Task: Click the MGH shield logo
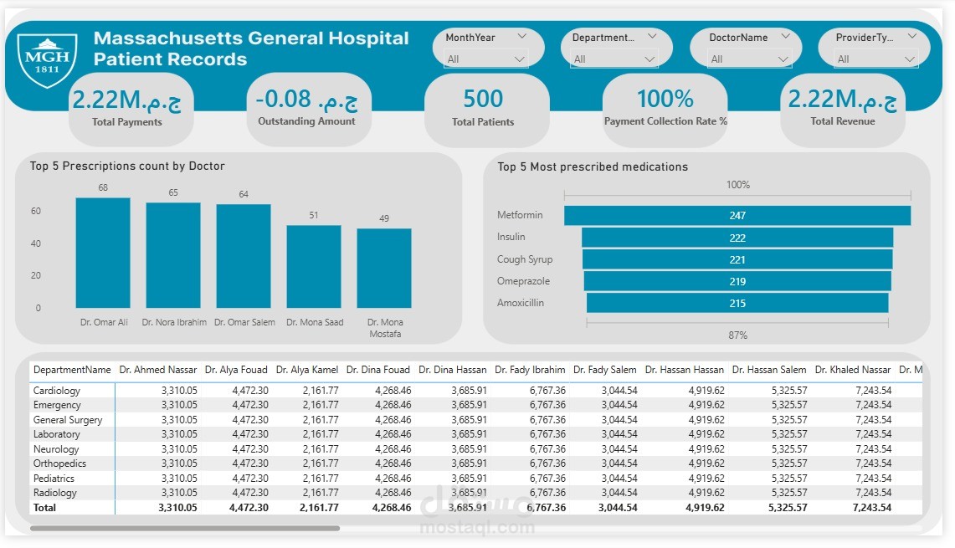pos(47,59)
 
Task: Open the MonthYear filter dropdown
pos(486,59)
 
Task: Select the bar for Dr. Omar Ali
pos(103,253)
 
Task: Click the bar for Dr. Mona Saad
pos(314,266)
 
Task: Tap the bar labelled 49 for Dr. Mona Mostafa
pos(384,268)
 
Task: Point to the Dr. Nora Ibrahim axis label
pos(174,322)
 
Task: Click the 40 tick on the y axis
pos(37,244)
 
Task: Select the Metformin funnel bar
pos(737,216)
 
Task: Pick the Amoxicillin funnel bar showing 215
pos(737,303)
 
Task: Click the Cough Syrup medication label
pos(525,259)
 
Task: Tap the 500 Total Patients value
pos(483,99)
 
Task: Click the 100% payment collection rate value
pos(665,99)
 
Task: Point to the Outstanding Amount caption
pos(306,121)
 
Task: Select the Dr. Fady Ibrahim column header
pos(530,370)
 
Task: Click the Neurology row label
pos(56,449)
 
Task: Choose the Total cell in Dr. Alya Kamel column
pos(315,508)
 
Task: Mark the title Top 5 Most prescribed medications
pos(593,167)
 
